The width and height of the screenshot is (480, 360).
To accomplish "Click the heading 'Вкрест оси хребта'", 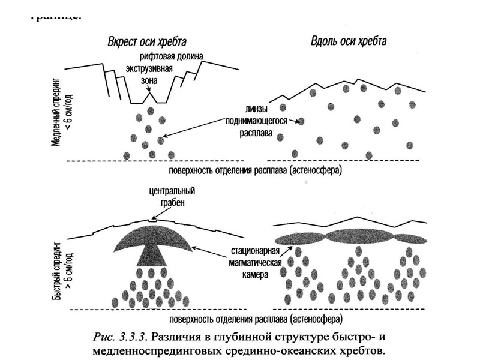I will coord(147,42).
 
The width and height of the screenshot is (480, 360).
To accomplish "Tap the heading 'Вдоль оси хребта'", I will coord(349,41).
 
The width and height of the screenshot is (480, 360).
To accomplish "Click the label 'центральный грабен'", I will coord(155,196).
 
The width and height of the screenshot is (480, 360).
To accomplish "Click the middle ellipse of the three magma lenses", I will coord(356,235).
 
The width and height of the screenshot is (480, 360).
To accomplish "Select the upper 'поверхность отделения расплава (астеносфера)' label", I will coord(254,170).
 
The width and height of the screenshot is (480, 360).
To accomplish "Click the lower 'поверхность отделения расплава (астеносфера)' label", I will coord(254,318).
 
